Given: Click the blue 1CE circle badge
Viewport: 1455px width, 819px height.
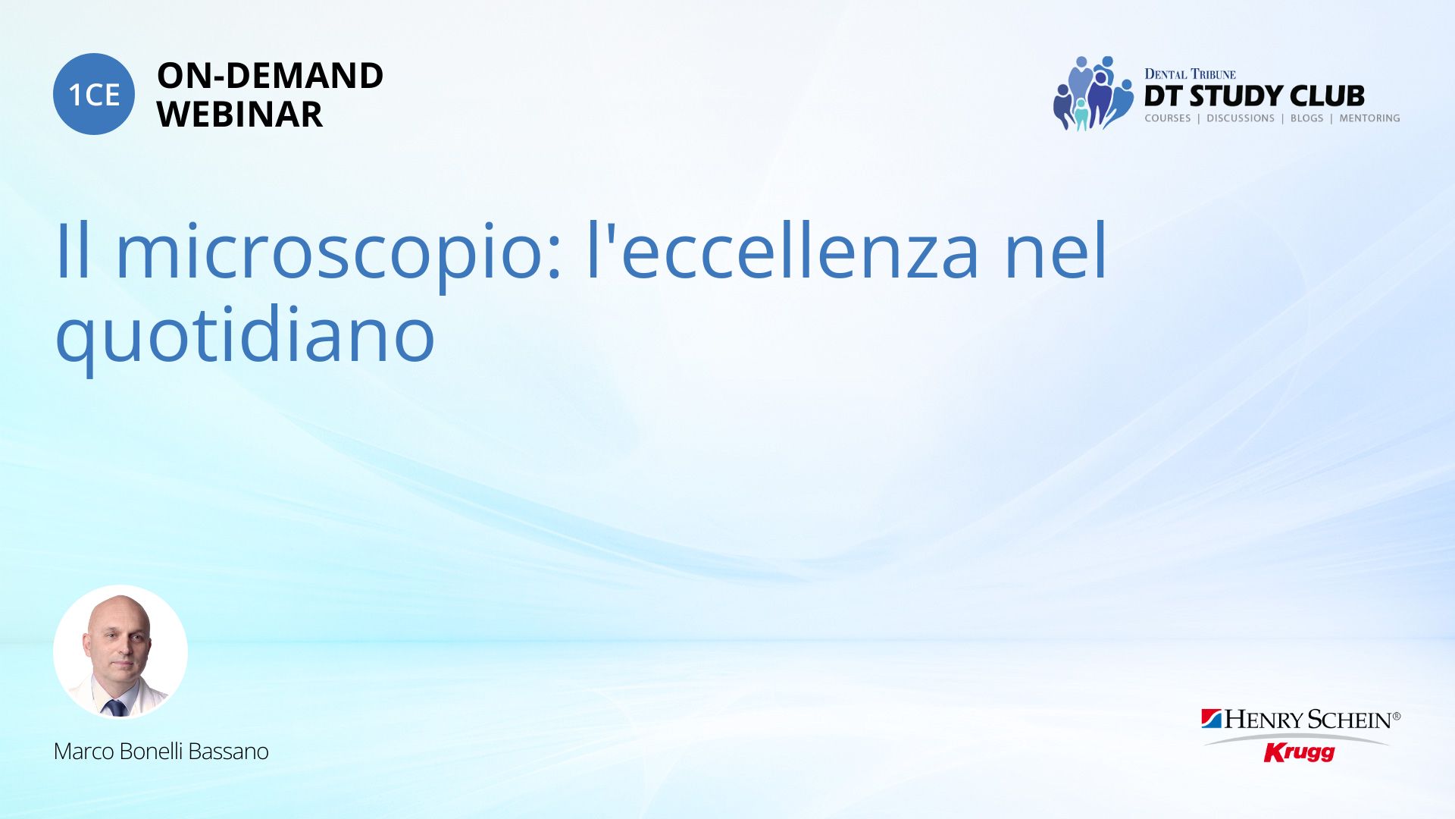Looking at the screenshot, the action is tap(94, 94).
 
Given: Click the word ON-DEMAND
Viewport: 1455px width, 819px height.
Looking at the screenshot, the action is tap(270, 76).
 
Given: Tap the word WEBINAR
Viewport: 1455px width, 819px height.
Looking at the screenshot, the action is tap(239, 115).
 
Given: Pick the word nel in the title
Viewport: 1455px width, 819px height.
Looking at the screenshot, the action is tap(1056, 249).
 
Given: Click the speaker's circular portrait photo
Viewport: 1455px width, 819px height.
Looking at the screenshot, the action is tap(120, 651).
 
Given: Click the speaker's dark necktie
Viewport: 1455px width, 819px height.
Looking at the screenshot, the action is tap(115, 708).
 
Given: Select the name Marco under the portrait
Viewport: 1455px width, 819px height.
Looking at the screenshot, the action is tap(83, 752).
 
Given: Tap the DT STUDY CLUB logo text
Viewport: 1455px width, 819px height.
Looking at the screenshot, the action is tap(1254, 96).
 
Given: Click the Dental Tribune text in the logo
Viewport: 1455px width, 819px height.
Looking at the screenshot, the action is tap(1190, 74).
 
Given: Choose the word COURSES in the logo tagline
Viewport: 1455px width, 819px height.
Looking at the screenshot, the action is tap(1168, 118).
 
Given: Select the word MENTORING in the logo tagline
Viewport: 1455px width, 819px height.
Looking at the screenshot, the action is tap(1369, 118).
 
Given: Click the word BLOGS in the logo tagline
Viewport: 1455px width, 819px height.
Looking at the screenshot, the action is tap(1306, 118).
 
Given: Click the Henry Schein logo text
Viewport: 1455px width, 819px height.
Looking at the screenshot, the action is tap(1302, 720).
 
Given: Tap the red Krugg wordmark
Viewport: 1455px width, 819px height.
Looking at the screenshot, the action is tap(1299, 752).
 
